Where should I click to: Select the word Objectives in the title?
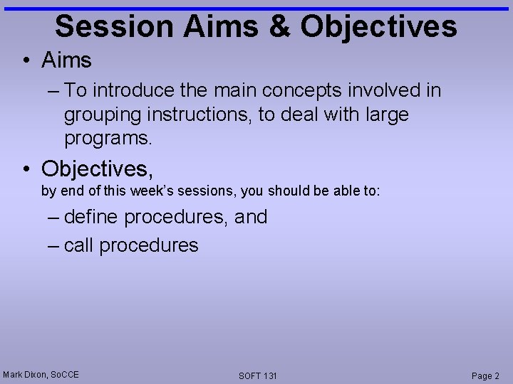pyautogui.click(x=378, y=26)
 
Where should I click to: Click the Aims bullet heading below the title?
pyautogui.click(x=66, y=60)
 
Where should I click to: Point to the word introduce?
pyautogui.click(x=132, y=90)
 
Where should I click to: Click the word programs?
pyautogui.click(x=108, y=138)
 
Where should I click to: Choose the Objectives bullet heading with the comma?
pyautogui.click(x=98, y=169)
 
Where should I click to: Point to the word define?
pyautogui.click(x=91, y=217)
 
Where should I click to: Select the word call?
pyautogui.click(x=78, y=245)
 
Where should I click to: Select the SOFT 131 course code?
pyautogui.click(x=258, y=375)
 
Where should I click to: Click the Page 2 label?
pyautogui.click(x=486, y=375)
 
